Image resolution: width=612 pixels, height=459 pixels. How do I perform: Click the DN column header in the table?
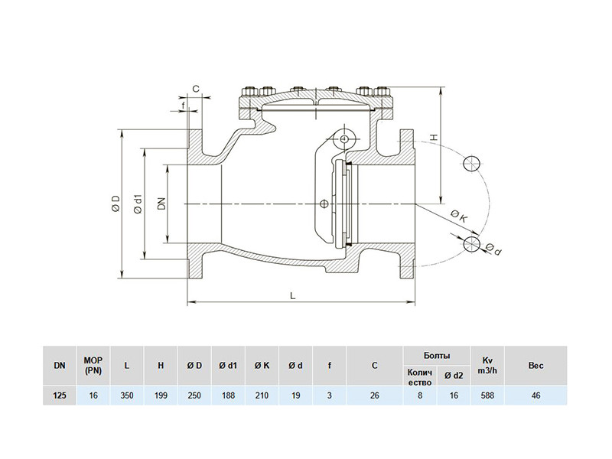point(60,366)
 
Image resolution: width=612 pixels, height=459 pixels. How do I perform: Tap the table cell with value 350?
point(127,396)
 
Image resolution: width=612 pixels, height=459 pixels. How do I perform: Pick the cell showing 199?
point(161,396)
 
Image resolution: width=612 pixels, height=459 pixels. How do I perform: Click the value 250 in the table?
point(194,396)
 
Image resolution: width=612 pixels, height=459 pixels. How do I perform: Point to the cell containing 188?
point(228,396)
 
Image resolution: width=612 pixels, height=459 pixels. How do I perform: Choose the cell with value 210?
point(262,396)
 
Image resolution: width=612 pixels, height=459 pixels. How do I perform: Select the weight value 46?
point(535,396)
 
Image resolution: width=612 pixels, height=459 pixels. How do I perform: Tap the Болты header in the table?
point(437,356)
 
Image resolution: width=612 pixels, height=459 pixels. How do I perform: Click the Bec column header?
point(535,366)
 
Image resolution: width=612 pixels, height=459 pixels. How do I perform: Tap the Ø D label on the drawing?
point(116,203)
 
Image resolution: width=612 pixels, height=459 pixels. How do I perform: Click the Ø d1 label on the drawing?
point(138,203)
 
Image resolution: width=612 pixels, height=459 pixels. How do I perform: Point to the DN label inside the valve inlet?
point(161,203)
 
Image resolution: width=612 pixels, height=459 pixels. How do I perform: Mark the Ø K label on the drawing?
point(459,217)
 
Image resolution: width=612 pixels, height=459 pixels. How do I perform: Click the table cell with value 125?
point(60,396)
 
